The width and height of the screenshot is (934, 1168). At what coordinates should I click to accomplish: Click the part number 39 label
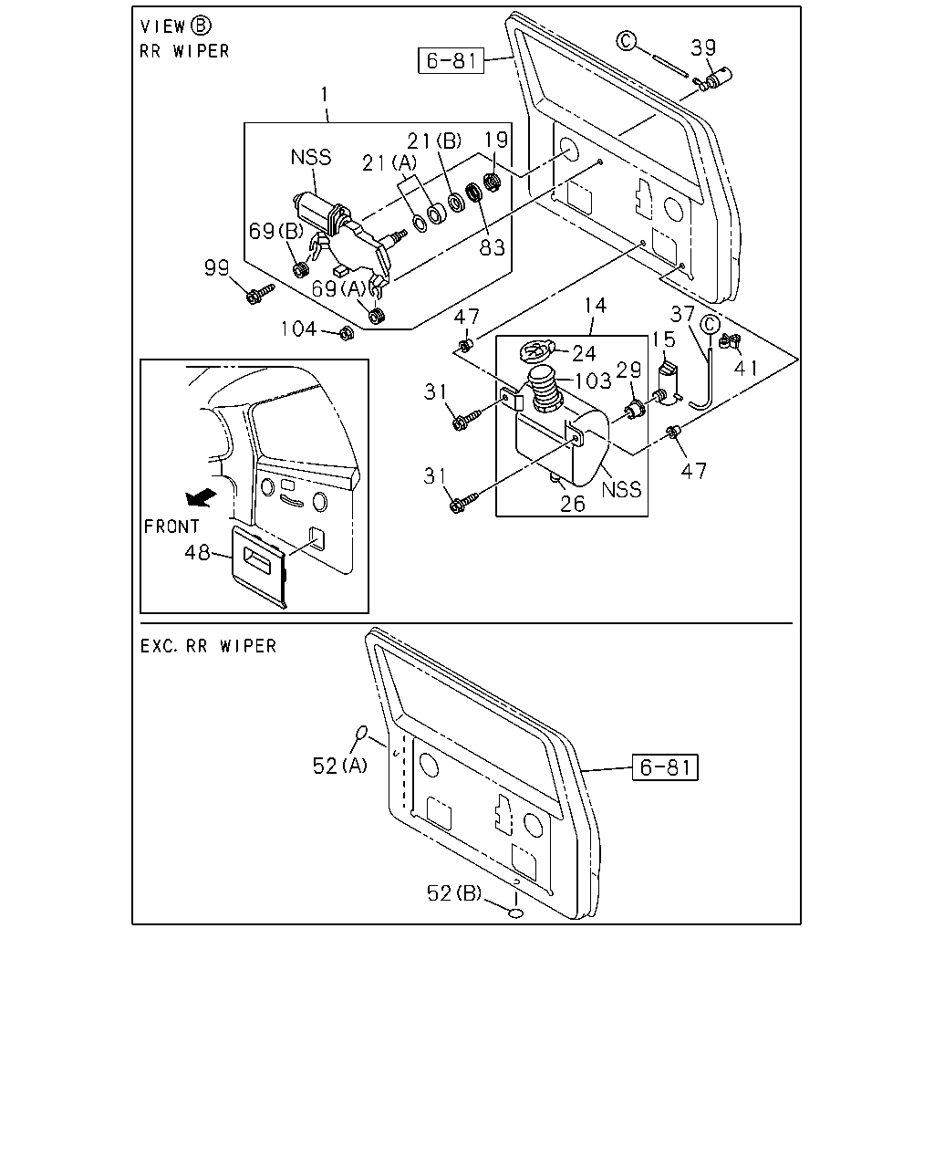(703, 47)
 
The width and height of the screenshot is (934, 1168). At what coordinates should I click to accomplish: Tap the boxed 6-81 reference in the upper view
(451, 60)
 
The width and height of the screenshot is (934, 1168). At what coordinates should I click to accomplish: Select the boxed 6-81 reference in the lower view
(665, 767)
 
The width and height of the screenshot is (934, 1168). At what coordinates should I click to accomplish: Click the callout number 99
(216, 267)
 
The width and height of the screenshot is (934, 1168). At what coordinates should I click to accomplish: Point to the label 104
(298, 328)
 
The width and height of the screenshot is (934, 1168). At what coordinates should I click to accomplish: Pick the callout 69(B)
(276, 231)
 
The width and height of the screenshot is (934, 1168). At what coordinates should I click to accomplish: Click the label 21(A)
(389, 162)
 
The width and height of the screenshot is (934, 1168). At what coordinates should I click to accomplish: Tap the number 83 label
(493, 247)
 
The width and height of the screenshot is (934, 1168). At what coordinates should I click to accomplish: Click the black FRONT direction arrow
(201, 497)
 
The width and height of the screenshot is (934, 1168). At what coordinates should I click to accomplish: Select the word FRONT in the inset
(171, 527)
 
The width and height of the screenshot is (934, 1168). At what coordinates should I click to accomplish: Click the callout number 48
(197, 553)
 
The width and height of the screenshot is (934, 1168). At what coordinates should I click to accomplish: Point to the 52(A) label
(339, 766)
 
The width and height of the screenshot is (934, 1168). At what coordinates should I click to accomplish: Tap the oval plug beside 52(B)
(515, 913)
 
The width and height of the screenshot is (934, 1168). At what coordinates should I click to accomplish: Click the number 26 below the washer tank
(573, 505)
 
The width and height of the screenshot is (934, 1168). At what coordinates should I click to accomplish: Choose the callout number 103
(593, 381)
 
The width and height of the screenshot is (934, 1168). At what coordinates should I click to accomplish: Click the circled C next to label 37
(710, 325)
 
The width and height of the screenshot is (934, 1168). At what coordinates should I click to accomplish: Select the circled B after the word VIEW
(201, 26)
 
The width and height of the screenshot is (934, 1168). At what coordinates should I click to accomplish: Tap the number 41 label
(746, 369)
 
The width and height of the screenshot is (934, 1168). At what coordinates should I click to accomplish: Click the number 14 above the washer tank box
(595, 306)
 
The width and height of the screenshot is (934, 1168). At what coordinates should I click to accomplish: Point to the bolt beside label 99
(261, 293)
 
